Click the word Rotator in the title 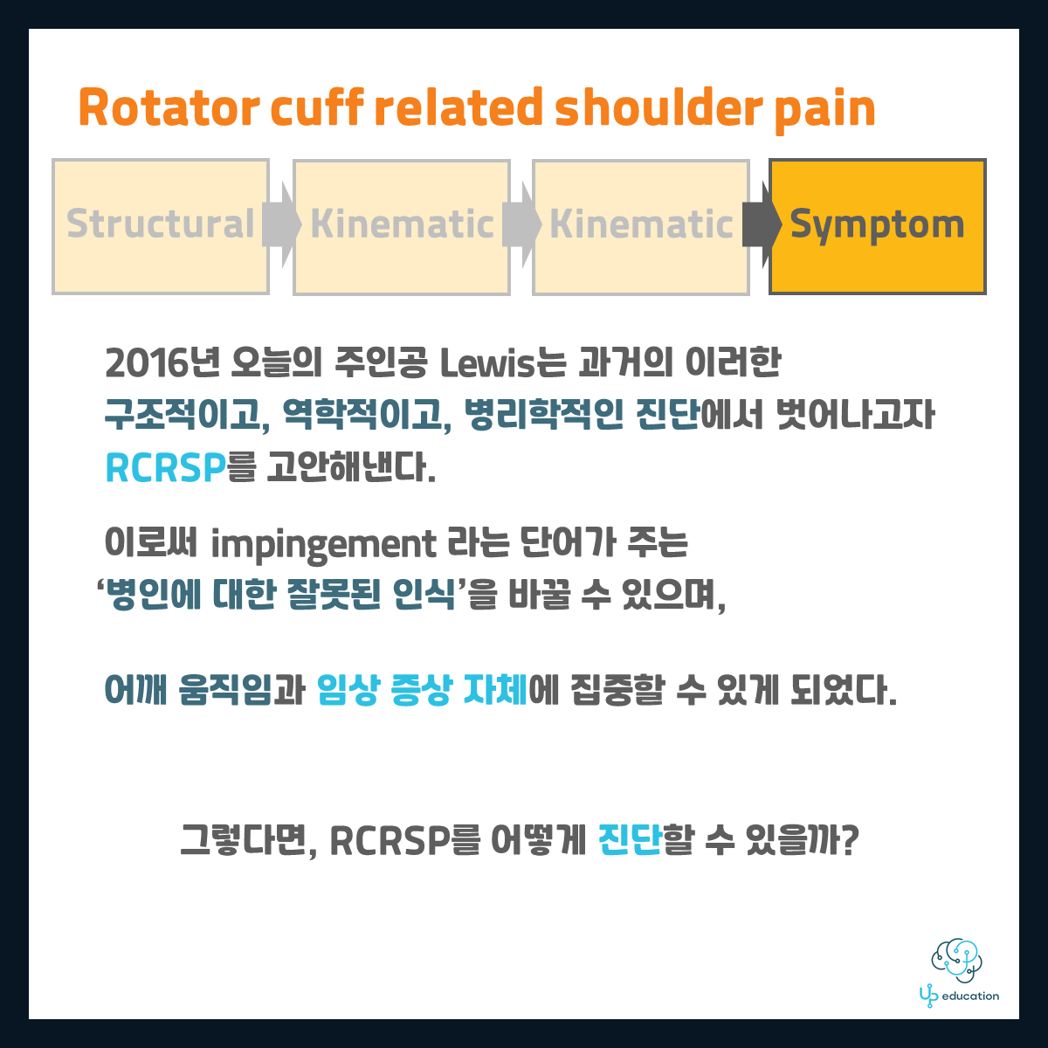click(169, 107)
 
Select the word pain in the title click(825, 112)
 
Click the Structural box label click(161, 224)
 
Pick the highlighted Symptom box click(877, 226)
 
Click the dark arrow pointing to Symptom click(762, 224)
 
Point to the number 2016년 click(163, 362)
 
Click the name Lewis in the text click(487, 363)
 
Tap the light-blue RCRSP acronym click(165, 468)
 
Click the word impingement click(324, 544)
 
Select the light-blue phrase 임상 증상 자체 click(422, 690)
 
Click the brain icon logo click(956, 961)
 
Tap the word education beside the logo click(970, 996)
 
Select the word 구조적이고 click(187, 415)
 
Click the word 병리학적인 click(544, 415)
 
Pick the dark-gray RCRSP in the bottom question click(390, 841)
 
